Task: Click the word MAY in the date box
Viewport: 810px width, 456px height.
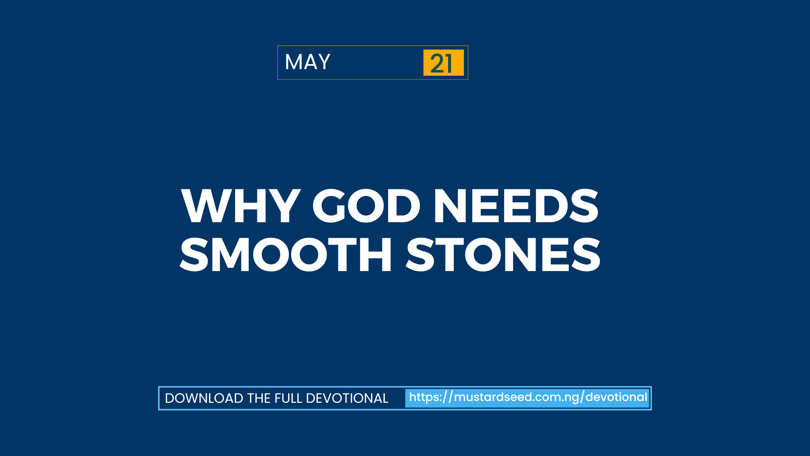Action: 308,62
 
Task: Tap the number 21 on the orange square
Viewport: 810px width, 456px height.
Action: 441,63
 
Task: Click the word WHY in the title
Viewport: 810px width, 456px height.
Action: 241,206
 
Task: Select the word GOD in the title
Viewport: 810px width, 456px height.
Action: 366,206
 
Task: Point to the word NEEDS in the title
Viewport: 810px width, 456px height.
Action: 516,206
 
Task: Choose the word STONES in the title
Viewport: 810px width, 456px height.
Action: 503,254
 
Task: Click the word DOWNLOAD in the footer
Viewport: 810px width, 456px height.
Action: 204,398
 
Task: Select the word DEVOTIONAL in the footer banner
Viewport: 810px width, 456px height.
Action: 347,398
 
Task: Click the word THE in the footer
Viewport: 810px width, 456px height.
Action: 259,398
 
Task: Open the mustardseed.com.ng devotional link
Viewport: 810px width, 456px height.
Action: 528,397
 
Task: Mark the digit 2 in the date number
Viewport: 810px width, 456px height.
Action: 436,63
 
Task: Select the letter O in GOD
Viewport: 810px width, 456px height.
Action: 366,206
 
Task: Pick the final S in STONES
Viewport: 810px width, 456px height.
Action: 586,254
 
